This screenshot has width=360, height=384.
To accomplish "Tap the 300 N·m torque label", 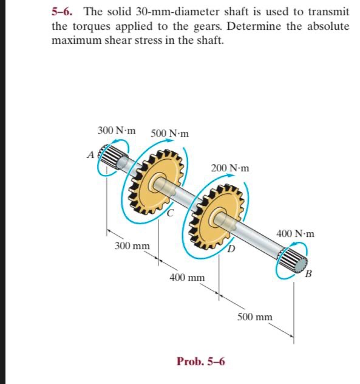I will tap(117, 131).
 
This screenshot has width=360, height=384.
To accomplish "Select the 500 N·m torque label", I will tap(169, 133).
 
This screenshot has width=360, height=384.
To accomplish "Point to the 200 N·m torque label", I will tap(229, 168).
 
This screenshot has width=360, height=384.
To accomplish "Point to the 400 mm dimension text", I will tap(187, 278).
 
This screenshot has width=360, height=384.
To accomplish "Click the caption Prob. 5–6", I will tap(200, 361).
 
